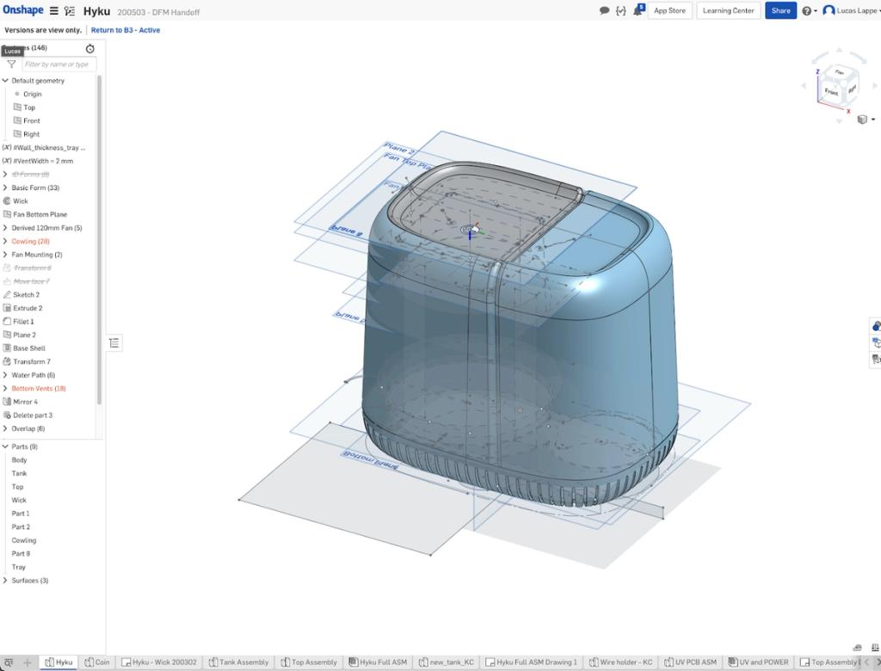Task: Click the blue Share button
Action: [x=780, y=10]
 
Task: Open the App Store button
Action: [x=669, y=10]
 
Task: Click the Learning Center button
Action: [x=728, y=10]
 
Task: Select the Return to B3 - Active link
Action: [x=126, y=30]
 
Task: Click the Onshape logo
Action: [x=23, y=10]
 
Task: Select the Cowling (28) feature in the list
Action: [x=30, y=241]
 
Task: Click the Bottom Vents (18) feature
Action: [x=38, y=389]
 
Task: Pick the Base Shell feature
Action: [x=29, y=348]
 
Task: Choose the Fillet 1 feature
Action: [x=23, y=322]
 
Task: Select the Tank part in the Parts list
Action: [x=19, y=473]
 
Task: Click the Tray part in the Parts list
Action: [x=19, y=567]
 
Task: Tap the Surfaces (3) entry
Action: [x=29, y=581]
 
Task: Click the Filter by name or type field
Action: [x=58, y=65]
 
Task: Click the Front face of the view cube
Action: [x=831, y=91]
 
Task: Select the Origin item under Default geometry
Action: [x=32, y=94]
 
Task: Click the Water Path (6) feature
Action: [x=33, y=375]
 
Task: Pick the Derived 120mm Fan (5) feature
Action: [x=46, y=228]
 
